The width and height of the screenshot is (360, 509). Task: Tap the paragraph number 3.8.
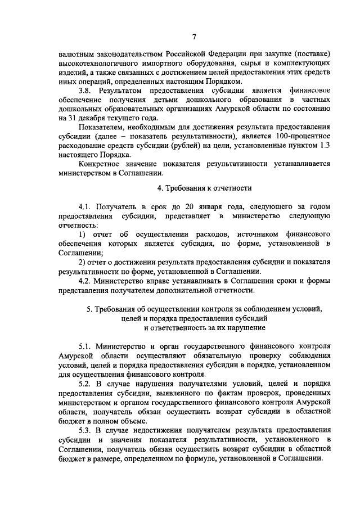85,91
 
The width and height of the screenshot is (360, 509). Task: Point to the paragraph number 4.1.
85,207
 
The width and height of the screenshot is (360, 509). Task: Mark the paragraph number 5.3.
85,431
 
